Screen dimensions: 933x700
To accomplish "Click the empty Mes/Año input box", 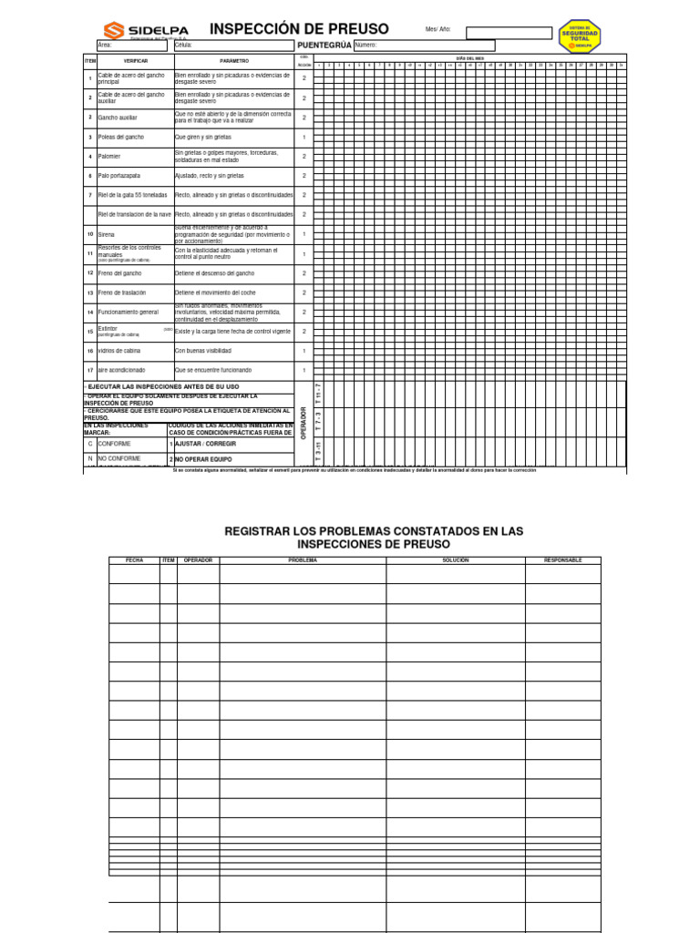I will (509, 33).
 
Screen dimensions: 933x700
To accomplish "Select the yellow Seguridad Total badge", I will (580, 36).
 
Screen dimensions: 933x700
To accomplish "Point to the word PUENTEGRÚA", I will (324, 45).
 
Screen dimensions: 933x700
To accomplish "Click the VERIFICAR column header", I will (135, 60).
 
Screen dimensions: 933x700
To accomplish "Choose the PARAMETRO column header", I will (233, 60).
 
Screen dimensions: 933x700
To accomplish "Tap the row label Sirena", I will (106, 234).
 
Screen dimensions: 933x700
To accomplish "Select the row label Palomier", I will (109, 157).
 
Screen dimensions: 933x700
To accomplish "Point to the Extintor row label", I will (108, 328).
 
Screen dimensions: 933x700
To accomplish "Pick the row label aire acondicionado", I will (121, 370).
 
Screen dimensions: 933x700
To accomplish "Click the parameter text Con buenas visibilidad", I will (203, 351).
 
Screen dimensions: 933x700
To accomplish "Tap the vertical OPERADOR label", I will (304, 424).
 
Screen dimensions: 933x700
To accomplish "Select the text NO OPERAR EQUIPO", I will (203, 459).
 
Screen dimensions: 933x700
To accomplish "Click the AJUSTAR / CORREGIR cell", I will (199, 444).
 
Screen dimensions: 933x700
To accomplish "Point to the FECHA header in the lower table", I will (134, 560).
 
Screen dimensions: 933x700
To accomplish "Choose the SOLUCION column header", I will (455, 560).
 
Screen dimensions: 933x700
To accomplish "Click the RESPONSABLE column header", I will (562, 560).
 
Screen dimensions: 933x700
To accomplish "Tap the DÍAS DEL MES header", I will (469, 57).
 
